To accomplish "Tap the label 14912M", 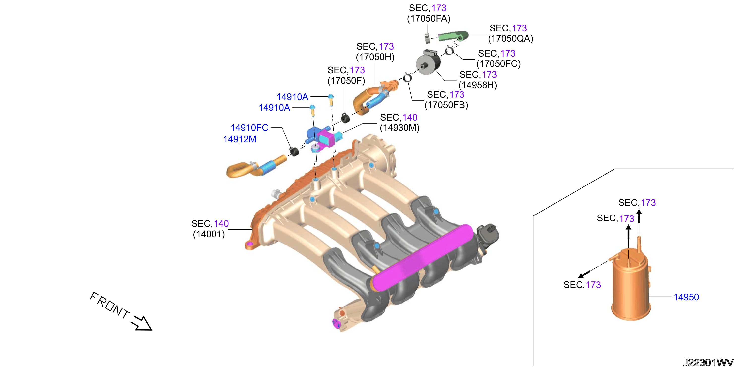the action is [x=240, y=139].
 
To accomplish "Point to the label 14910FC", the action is [x=249, y=128].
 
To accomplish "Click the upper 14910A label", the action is [x=292, y=97].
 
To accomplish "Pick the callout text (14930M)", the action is [x=399, y=128].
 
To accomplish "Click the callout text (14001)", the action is [x=209, y=234].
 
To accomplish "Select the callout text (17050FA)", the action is [x=429, y=19].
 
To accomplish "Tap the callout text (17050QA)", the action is [x=511, y=39].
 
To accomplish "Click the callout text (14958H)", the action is [x=478, y=85].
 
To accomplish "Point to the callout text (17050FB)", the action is [x=446, y=105].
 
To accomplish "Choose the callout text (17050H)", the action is [x=375, y=57].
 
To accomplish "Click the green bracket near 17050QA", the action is [x=453, y=36].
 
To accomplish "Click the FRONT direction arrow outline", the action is [x=141, y=323].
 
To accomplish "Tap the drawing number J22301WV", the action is [x=708, y=363].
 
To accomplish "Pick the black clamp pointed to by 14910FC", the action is [x=294, y=152].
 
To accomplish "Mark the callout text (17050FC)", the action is [x=499, y=64].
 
